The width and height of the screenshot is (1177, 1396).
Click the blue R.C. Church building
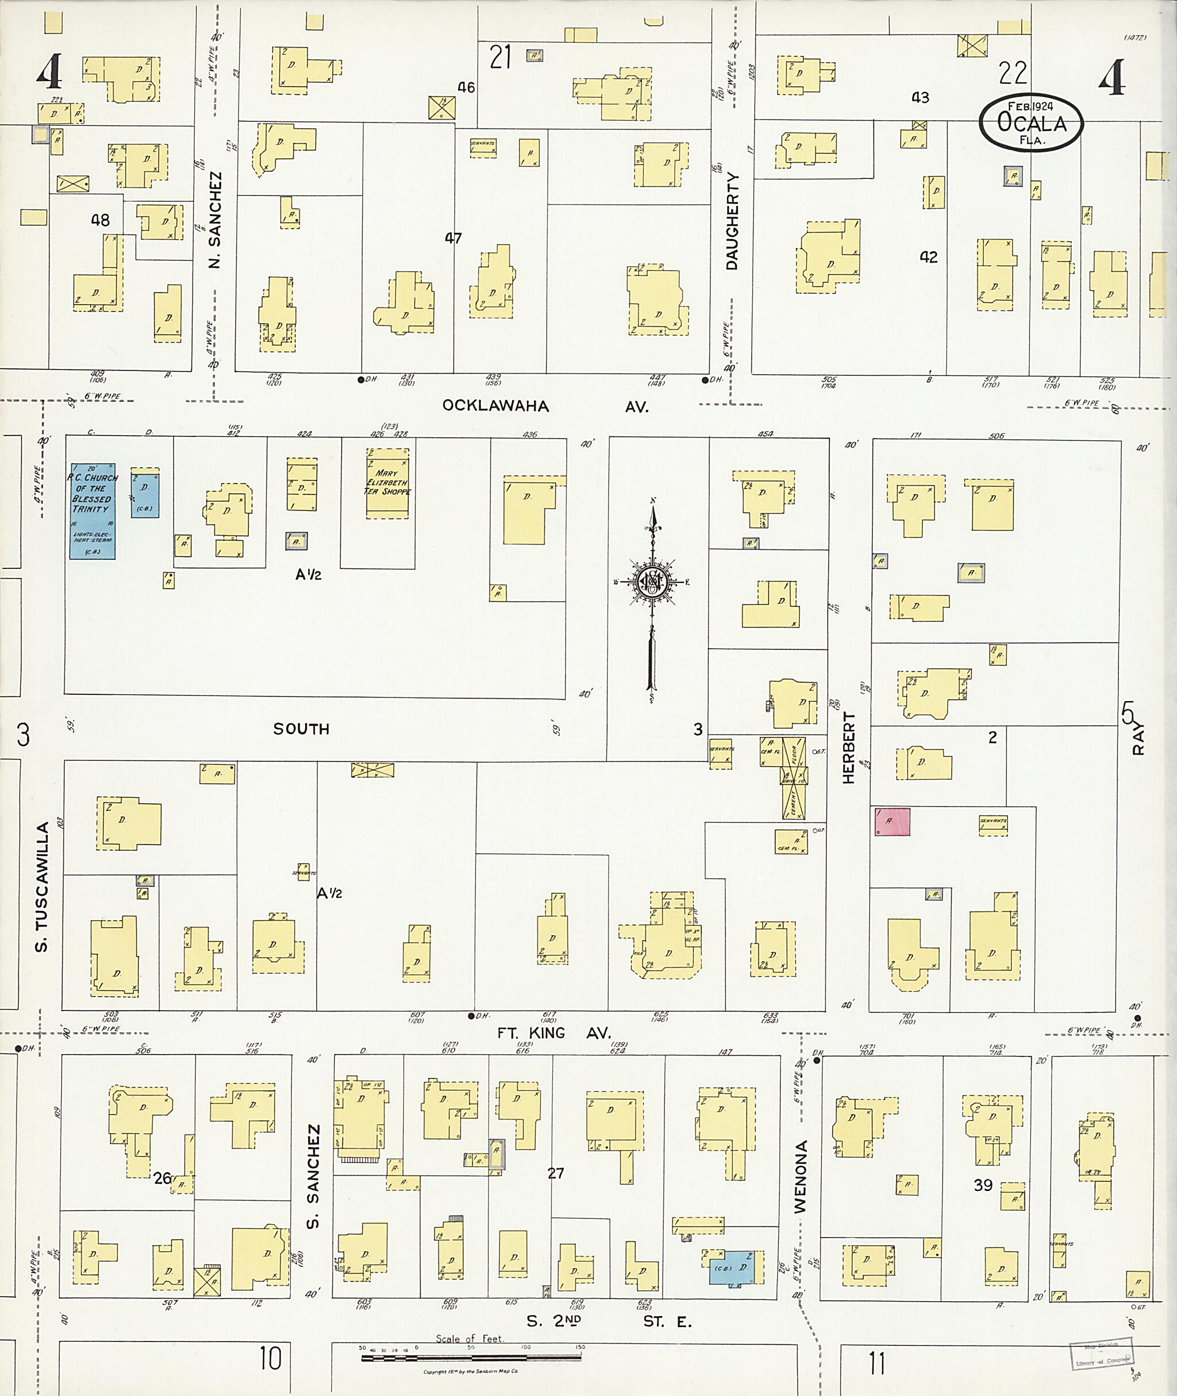coord(93,511)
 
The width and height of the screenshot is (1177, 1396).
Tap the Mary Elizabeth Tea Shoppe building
coord(387,482)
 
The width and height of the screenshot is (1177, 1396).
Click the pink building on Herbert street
coord(892,821)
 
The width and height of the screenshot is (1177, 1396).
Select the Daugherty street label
coord(733,221)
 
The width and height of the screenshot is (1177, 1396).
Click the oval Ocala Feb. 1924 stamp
coord(1031,122)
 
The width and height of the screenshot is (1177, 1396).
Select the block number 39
coord(983,1185)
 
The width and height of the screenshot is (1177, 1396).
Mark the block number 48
coord(100,220)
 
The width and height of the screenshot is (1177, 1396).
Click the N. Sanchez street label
coord(214,220)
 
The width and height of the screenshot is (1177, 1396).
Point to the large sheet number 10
coord(270,1359)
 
